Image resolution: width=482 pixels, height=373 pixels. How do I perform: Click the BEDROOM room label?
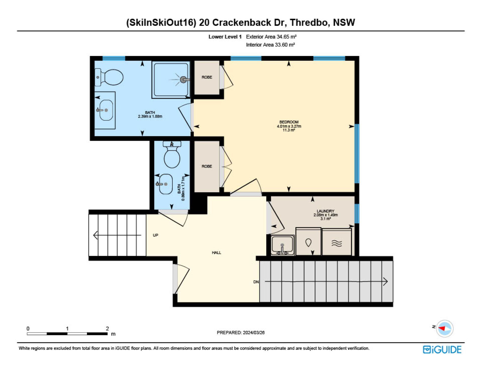point(289,122)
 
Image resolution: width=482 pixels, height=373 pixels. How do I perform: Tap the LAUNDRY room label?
point(325,211)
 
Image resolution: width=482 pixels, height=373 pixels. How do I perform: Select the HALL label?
point(216,253)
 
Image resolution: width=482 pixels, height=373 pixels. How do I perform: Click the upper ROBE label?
point(207,77)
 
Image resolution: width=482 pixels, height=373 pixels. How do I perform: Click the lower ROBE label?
point(207,166)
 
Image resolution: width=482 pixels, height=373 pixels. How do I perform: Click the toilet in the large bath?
point(109,77)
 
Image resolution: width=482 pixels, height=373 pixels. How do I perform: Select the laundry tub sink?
point(282,245)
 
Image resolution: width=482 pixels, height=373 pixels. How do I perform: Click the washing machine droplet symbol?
point(308,243)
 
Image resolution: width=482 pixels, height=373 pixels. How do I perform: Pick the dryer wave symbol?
point(336,243)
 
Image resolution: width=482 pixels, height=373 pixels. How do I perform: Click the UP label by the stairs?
point(155,235)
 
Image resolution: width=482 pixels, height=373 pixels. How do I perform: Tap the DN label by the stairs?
point(256,282)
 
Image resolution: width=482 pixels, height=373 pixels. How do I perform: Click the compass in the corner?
point(445,328)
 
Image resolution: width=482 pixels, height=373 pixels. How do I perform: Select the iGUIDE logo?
point(442,350)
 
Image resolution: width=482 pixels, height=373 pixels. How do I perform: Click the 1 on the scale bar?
point(67,328)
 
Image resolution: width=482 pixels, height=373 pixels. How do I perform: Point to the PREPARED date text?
point(241,333)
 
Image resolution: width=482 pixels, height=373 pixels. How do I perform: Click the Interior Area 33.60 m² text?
point(270,45)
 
